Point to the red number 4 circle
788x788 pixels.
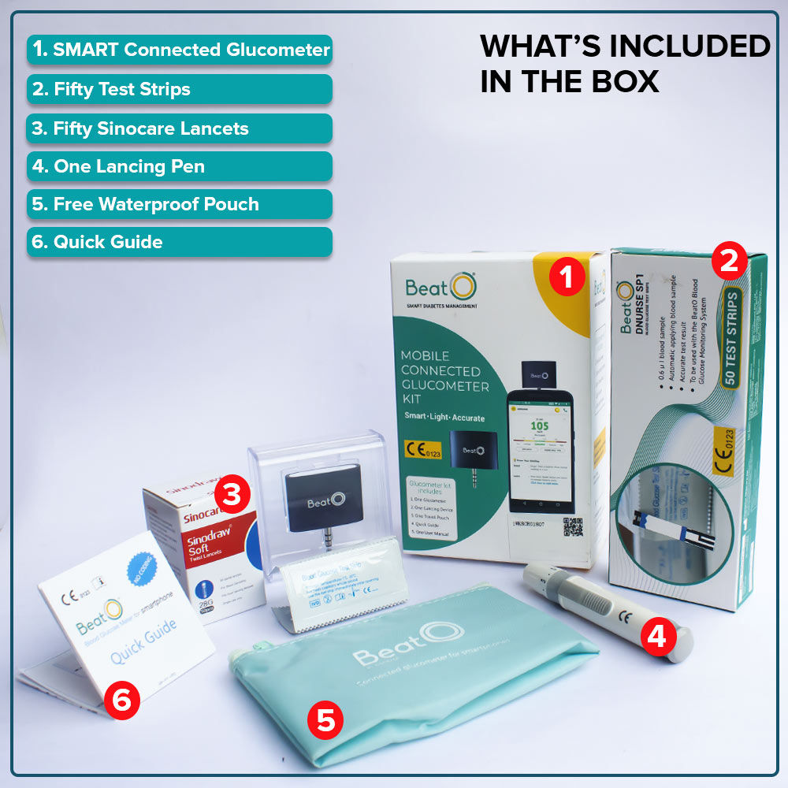tap(657, 637)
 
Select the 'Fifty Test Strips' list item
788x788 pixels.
tap(180, 89)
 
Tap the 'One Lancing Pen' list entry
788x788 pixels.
tap(180, 166)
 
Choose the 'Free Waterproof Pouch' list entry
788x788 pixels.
tap(180, 204)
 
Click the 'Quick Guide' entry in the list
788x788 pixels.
tap(180, 242)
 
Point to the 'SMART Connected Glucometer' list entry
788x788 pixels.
tap(180, 50)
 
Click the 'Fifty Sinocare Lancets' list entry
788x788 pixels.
tap(180, 128)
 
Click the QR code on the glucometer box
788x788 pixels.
tap(574, 526)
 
